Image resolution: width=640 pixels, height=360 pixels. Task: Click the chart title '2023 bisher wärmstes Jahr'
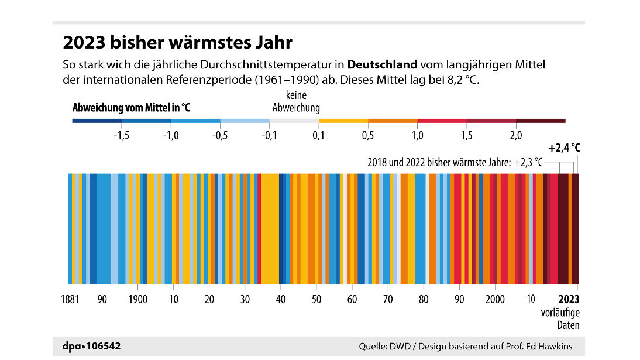(177, 43)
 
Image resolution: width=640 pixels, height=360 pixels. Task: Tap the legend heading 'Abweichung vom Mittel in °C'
(131, 108)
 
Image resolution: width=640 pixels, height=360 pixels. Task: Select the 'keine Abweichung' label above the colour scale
(296, 102)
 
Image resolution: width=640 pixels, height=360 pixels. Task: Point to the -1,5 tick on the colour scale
(121, 135)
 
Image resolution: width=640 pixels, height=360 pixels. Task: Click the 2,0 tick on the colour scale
(515, 135)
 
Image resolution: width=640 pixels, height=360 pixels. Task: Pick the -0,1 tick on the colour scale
(270, 135)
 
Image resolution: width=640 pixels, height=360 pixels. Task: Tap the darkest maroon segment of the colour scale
(541, 121)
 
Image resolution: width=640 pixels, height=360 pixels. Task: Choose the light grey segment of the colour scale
(294, 121)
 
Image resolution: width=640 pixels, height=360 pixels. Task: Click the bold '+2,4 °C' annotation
(564, 148)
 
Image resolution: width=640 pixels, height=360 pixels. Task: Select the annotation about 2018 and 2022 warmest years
(455, 162)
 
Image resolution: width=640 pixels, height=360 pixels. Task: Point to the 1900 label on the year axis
(137, 297)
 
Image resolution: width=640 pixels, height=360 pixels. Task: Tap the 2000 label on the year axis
(495, 297)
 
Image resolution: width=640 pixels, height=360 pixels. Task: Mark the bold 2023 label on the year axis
(569, 297)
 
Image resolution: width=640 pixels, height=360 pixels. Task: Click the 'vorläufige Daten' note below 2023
(560, 318)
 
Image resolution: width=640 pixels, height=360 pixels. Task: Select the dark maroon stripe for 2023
(576, 228)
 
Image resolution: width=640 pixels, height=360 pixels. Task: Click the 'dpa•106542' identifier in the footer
(92, 346)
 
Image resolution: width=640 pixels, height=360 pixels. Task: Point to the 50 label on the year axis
(316, 297)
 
